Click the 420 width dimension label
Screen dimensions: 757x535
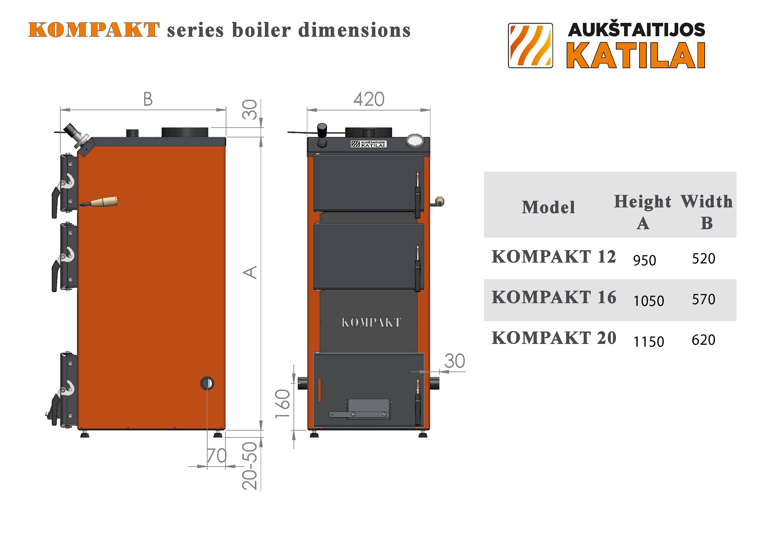pyautogui.click(x=369, y=99)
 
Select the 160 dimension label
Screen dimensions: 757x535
pyautogui.click(x=282, y=403)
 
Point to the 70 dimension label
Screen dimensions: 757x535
pyautogui.click(x=217, y=456)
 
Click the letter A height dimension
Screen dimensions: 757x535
pyautogui.click(x=250, y=272)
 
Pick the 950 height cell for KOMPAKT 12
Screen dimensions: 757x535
pyautogui.click(x=645, y=260)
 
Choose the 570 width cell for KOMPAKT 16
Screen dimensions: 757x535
pyautogui.click(x=703, y=299)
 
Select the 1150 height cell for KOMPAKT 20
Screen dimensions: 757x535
pyautogui.click(x=648, y=341)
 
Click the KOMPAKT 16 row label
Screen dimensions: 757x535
pyautogui.click(x=554, y=297)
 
